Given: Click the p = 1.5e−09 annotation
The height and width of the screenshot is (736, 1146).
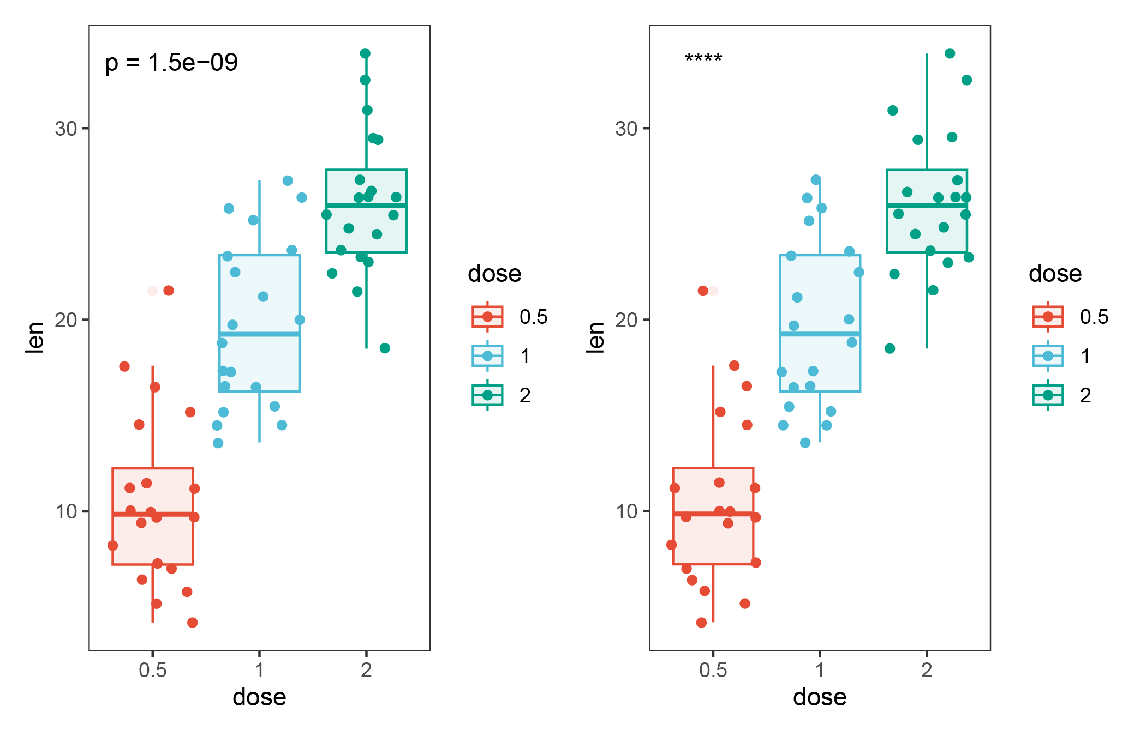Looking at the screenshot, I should [x=171, y=63].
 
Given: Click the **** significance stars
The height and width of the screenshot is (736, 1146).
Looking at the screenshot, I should [x=703, y=58].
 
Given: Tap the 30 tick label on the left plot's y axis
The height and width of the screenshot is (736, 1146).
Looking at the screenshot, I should [x=66, y=129].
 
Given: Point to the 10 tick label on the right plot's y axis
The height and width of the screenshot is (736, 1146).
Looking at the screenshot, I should [x=626, y=512].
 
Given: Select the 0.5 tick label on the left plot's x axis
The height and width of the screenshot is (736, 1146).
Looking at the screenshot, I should [x=152, y=670].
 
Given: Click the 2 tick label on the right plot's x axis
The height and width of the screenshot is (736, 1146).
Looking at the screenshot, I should [x=927, y=670].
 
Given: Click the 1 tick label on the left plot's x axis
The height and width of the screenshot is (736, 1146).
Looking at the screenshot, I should [x=259, y=670].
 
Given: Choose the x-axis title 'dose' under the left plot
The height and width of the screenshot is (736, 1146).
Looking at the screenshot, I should [x=259, y=697].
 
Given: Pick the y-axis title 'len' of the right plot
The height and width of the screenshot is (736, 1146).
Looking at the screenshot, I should [x=595, y=337].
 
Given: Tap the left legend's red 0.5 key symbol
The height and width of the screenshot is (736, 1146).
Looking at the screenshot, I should [x=487, y=317].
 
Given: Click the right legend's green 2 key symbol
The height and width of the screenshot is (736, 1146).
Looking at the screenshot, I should [x=1048, y=395].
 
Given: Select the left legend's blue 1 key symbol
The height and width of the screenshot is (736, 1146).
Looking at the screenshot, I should [x=487, y=356].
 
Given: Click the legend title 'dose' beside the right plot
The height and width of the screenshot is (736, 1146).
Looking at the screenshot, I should [x=1055, y=274].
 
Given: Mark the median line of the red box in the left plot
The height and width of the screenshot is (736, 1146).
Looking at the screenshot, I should [x=152, y=514].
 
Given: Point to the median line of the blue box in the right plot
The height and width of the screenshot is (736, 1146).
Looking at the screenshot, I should [x=820, y=334].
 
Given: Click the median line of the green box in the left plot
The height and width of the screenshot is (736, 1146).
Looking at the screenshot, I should [x=366, y=206].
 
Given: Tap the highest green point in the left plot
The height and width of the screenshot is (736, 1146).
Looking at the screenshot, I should [x=365, y=53].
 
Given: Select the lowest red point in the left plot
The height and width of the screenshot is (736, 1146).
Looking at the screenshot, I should [x=192, y=623].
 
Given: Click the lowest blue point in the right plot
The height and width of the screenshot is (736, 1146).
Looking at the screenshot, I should [x=805, y=443].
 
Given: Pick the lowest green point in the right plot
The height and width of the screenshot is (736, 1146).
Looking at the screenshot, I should [x=890, y=348].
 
